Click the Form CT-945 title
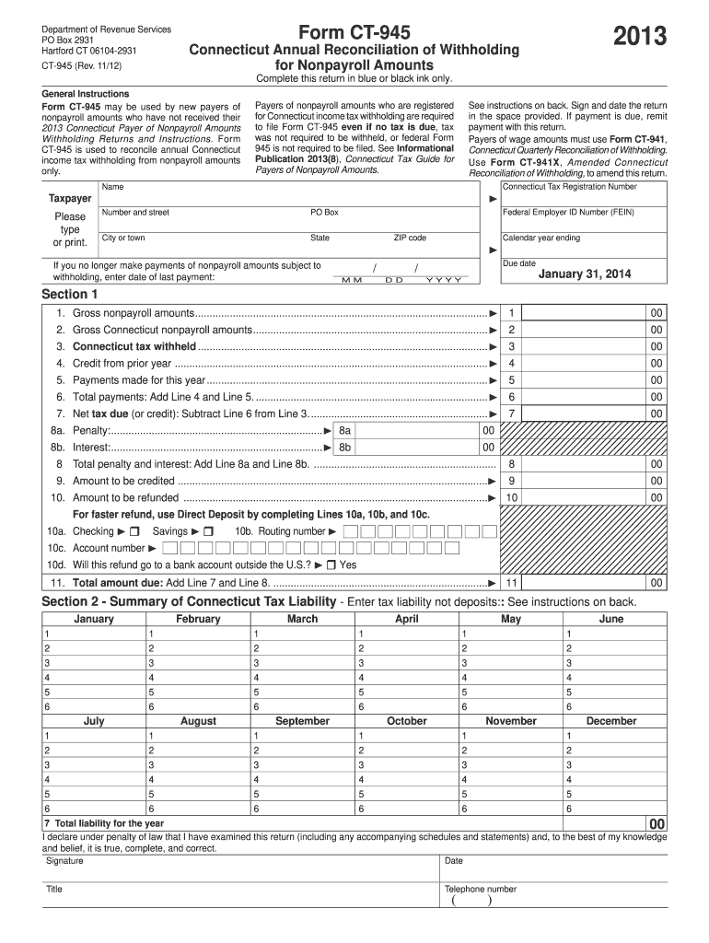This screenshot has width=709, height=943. pyautogui.click(x=354, y=31)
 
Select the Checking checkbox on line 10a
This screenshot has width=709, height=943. pyautogui.click(x=134, y=532)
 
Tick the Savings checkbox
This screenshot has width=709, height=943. pyautogui.click(x=208, y=532)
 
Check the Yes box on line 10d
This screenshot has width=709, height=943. pyautogui.click(x=331, y=565)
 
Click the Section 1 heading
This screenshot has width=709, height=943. pyautogui.click(x=70, y=295)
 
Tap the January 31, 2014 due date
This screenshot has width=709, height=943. pyautogui.click(x=585, y=274)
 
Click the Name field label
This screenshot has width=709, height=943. pyautogui.click(x=112, y=187)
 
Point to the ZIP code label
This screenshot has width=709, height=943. pyautogui.click(x=410, y=239)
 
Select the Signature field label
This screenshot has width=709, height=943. pyautogui.click(x=64, y=861)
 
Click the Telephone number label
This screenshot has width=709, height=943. pyautogui.click(x=481, y=890)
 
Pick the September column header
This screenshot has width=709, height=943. pyautogui.click(x=302, y=721)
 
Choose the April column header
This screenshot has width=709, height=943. pyautogui.click(x=406, y=620)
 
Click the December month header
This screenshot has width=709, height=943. pyautogui.click(x=610, y=721)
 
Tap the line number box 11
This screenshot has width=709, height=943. pyautogui.click(x=510, y=583)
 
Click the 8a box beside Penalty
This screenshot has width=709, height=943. pyautogui.click(x=345, y=430)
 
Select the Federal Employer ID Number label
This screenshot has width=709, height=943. pyautogui.click(x=568, y=213)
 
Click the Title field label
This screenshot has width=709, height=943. pyautogui.click(x=54, y=890)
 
